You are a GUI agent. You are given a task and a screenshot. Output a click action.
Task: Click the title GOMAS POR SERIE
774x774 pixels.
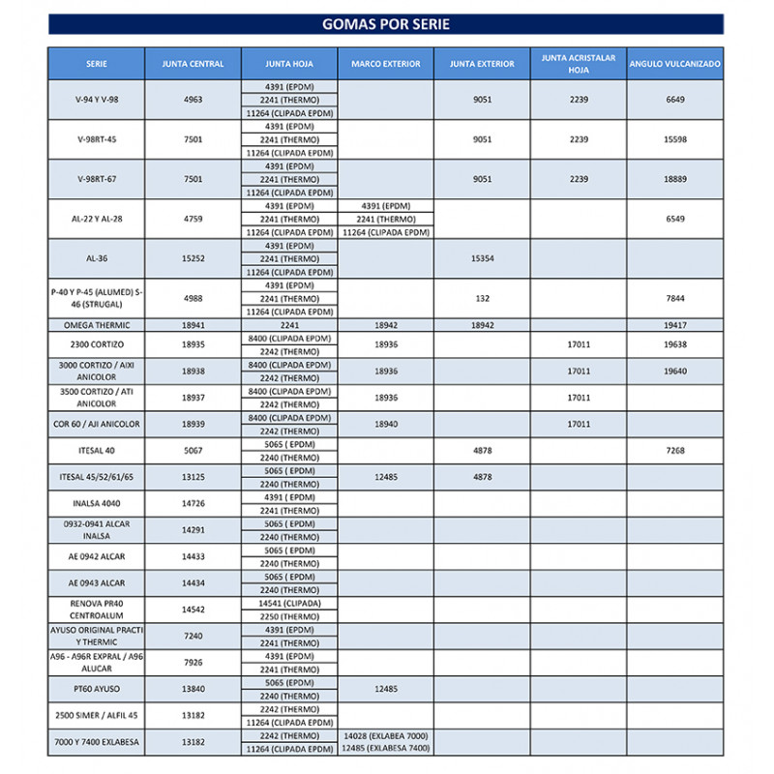385,24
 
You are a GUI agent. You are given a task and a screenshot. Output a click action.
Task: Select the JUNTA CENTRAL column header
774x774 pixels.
193,64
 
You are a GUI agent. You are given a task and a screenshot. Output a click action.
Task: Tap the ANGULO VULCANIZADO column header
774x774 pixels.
674,64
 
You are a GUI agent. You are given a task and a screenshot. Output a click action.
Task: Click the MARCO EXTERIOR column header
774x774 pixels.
385,64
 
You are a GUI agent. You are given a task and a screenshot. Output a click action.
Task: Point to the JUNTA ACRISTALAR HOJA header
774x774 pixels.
578,64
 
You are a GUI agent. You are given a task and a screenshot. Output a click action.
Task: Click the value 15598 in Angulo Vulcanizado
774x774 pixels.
674,139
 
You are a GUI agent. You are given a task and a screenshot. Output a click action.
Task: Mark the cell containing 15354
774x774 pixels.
482,258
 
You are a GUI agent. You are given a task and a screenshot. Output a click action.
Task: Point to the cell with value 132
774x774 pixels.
482,299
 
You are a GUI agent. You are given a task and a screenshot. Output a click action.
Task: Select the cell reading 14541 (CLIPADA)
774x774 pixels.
289,603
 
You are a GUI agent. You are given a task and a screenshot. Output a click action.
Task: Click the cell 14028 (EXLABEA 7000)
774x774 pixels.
385,736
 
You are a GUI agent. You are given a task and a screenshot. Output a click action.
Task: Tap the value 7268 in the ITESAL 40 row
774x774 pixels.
674,451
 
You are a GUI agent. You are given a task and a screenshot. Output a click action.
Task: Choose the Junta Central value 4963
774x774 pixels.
193,100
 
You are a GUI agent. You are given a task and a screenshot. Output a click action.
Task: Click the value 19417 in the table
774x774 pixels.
674,325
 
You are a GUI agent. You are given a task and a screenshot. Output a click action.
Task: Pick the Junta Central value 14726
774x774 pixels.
193,504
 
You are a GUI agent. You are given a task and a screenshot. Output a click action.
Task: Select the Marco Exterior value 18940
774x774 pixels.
385,424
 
